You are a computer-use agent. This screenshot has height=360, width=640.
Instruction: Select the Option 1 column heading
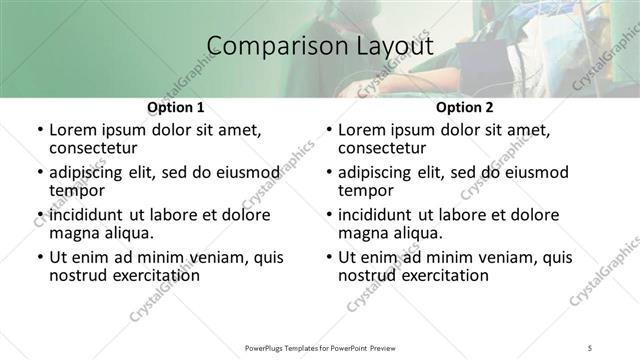click(x=175, y=107)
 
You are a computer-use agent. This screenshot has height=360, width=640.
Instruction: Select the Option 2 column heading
click(x=464, y=107)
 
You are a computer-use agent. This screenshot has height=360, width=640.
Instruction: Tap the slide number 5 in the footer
click(x=591, y=347)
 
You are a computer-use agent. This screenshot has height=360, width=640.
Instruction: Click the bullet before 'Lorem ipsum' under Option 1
click(x=38, y=130)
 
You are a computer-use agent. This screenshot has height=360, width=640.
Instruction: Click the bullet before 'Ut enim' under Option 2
click(x=327, y=257)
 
